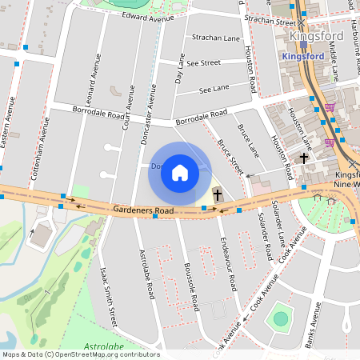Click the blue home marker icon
point(180,173)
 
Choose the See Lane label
point(214,87)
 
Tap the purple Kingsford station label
point(304,57)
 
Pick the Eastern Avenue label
point(9,121)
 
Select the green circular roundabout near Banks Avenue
point(280,319)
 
